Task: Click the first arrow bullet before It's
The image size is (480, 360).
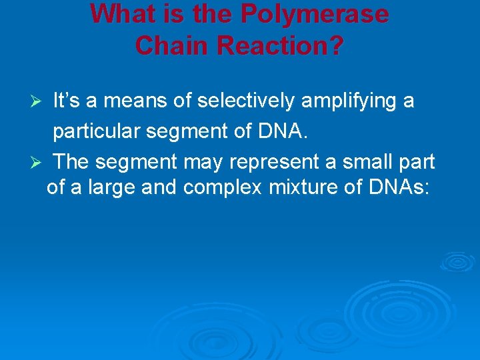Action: (38, 102)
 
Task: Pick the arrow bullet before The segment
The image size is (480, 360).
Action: (38, 162)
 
